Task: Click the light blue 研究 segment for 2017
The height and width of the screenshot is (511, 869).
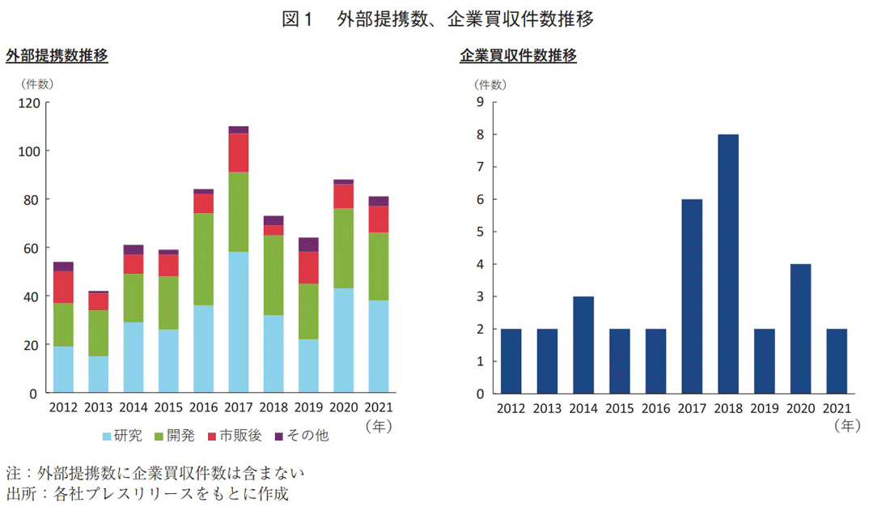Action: tap(239, 322)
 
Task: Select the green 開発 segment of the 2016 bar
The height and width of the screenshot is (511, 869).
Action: tap(203, 259)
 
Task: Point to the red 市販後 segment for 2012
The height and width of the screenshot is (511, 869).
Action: tap(64, 287)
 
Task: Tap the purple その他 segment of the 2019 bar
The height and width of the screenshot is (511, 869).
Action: tap(308, 245)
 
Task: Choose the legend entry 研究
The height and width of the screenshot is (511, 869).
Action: tap(122, 436)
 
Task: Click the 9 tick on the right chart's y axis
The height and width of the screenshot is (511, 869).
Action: tap(480, 102)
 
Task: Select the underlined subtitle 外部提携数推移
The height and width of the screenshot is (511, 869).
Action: tap(57, 57)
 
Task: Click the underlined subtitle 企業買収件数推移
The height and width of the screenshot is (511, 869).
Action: tap(518, 57)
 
